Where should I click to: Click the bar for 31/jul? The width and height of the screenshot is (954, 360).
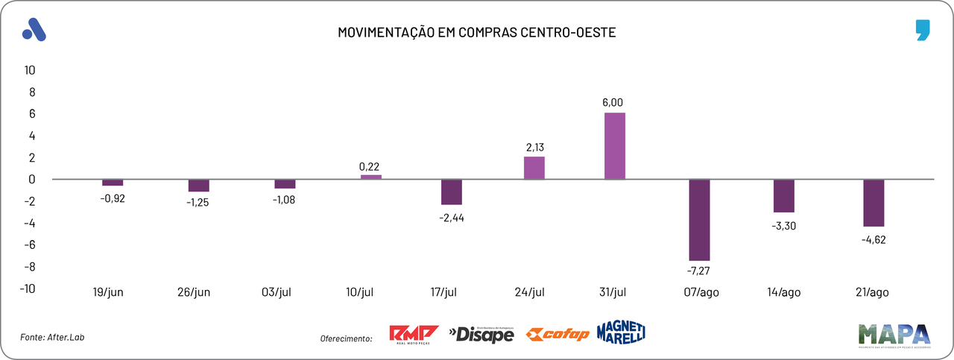click(615, 145)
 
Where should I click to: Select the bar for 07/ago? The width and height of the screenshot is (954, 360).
click(699, 220)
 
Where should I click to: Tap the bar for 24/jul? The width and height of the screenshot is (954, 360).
click(534, 168)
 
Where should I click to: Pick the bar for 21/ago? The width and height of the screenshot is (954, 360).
click(874, 203)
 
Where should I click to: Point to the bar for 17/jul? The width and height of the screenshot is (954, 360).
click(452, 192)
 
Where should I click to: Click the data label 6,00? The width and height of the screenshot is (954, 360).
click(613, 102)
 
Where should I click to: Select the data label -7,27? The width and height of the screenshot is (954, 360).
click(699, 271)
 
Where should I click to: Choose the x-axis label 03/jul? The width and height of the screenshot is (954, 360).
click(280, 292)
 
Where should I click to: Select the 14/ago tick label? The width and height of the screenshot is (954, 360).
click(785, 292)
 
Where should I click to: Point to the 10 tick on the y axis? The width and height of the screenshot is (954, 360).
click(31, 70)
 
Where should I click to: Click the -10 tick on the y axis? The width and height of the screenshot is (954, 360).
click(28, 288)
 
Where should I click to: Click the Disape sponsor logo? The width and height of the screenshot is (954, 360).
click(481, 335)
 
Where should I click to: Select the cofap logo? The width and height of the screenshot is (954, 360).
click(557, 335)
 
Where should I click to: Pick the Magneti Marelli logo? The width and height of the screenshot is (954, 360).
click(621, 332)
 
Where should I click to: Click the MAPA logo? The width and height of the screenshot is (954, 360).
click(894, 335)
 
